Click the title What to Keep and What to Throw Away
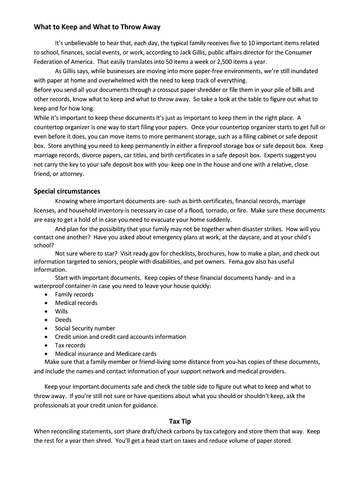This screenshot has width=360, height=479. click(x=97, y=27)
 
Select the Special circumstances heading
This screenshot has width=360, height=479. click(x=67, y=191)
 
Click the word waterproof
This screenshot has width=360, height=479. click(x=50, y=286)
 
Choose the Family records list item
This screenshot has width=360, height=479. click(x=74, y=295)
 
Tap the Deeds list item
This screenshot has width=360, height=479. click(x=63, y=320)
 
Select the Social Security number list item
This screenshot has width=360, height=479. click(x=85, y=328)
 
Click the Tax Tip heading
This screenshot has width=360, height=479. click(x=180, y=421)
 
